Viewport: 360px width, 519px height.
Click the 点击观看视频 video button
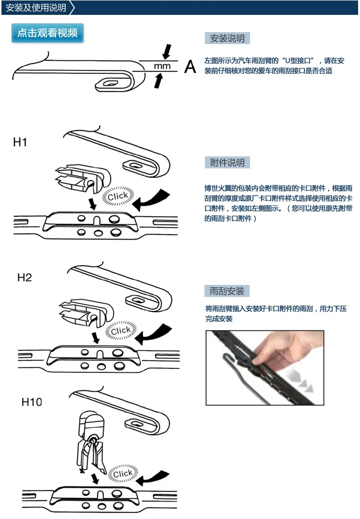pyautogui.click(x=48, y=33)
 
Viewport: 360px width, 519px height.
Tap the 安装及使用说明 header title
pyautogui.click(x=36, y=8)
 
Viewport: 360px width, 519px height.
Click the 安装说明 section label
pyautogui.click(x=227, y=38)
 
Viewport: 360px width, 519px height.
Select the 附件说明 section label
pyautogui.click(x=227, y=163)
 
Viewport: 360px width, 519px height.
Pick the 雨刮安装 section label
pyautogui.click(x=227, y=291)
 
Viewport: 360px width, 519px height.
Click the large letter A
pyautogui.click(x=190, y=67)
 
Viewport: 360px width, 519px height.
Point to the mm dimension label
pyautogui.click(x=162, y=66)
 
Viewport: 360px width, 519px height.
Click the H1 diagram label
pyautogui.click(x=20, y=142)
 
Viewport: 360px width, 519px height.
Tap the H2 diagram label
pyautogui.click(x=24, y=277)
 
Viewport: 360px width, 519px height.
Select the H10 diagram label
pyautogui.click(x=32, y=402)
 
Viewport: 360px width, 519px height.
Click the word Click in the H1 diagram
pyautogui.click(x=118, y=196)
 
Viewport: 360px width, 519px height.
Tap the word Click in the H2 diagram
pyautogui.click(x=120, y=330)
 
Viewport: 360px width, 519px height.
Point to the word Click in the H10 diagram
pyautogui.click(x=122, y=473)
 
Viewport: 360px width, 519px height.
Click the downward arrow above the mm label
pyautogui.click(x=167, y=52)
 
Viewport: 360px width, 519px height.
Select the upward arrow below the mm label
pyautogui.click(x=158, y=81)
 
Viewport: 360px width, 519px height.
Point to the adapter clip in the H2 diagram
pyautogui.click(x=86, y=312)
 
